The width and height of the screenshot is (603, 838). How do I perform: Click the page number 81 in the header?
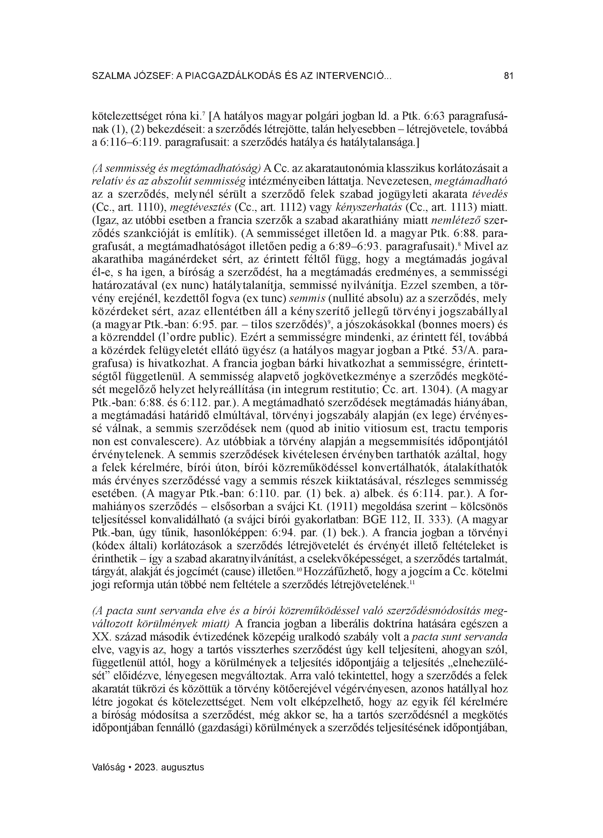508,76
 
